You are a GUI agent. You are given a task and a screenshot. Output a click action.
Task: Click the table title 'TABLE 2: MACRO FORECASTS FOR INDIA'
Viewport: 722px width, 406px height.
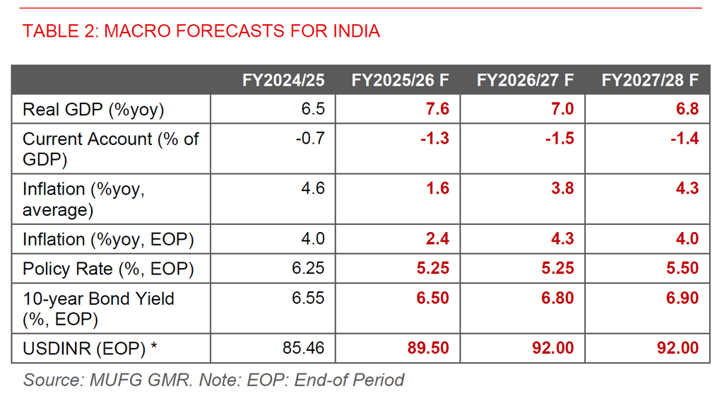point(201,31)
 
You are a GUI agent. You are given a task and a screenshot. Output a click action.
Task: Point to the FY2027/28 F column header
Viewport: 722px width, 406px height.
point(650,80)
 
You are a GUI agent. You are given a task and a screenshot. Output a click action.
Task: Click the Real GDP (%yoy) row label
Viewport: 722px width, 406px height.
point(93,110)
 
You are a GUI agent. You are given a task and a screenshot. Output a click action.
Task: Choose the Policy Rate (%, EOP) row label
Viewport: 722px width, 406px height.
point(108,269)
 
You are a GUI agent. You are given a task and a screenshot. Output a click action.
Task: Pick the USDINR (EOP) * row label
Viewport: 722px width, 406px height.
point(90,349)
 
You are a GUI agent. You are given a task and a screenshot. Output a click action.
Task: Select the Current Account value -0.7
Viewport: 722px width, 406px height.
point(310,139)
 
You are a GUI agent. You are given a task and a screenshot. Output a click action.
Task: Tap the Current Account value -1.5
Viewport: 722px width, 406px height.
point(560,139)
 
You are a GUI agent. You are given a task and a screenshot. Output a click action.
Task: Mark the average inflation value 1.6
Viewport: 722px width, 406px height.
point(437,189)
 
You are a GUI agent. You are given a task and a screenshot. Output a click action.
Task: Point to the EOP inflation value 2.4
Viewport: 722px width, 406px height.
point(437,239)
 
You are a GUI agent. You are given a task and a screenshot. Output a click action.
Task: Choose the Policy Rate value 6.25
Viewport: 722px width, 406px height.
point(308,269)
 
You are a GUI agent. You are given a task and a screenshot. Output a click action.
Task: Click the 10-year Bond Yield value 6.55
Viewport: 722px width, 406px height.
point(308,298)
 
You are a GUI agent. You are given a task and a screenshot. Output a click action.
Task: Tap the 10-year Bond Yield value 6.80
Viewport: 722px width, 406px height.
point(557,298)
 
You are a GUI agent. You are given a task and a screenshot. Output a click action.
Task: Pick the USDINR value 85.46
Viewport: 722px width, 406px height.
point(304,349)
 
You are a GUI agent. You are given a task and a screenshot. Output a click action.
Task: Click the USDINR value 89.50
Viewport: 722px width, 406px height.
point(428,349)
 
